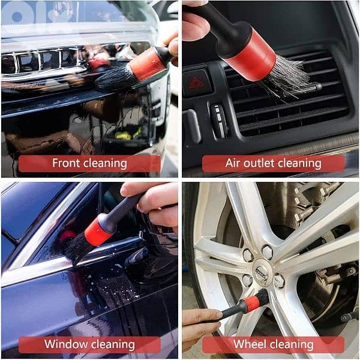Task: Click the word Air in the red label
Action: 234,163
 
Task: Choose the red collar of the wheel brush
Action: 251,304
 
